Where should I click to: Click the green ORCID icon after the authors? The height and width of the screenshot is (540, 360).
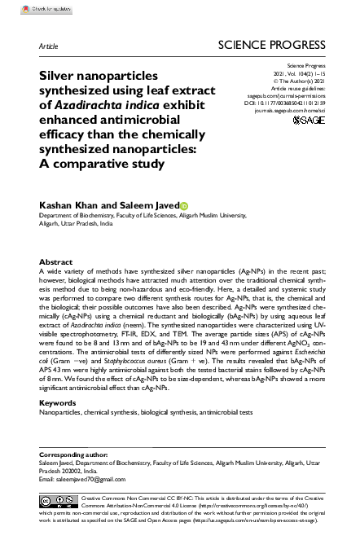[x=184, y=206]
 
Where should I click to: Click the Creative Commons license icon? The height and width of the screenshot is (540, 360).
[x=59, y=498]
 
